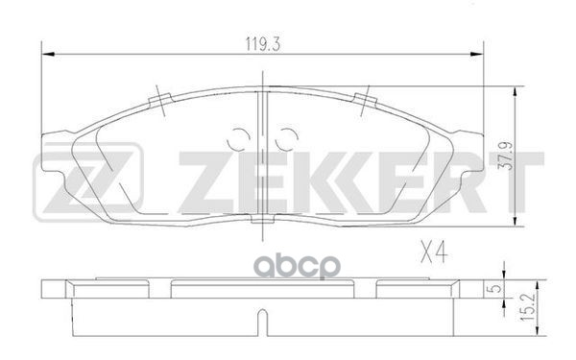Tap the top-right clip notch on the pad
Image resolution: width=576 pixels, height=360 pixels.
[364, 100]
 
